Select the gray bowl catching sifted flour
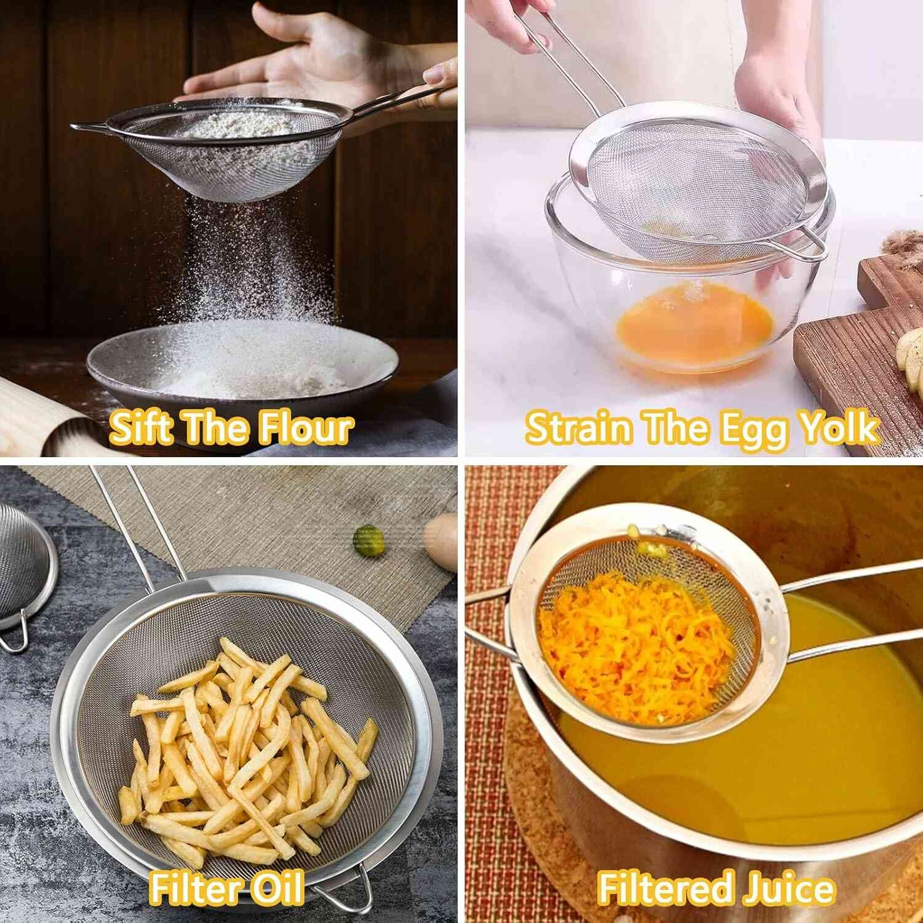click(243, 363)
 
